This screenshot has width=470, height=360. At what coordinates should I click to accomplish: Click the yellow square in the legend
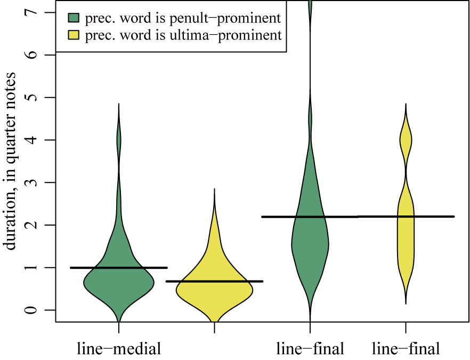[74, 35]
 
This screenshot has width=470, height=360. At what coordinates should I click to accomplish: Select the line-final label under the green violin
[310, 350]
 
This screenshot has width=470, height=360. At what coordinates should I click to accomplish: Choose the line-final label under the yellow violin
[406, 350]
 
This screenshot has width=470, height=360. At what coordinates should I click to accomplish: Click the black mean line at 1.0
[119, 267]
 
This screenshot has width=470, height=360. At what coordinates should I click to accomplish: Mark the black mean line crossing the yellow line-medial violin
[214, 281]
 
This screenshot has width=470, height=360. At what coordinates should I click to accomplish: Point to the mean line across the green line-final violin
[310, 217]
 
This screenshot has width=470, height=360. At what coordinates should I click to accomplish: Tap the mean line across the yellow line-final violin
[406, 216]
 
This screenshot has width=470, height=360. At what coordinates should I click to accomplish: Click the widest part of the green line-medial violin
[119, 283]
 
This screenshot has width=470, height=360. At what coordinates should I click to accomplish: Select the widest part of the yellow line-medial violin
[214, 291]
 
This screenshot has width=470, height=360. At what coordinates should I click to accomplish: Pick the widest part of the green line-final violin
[310, 245]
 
